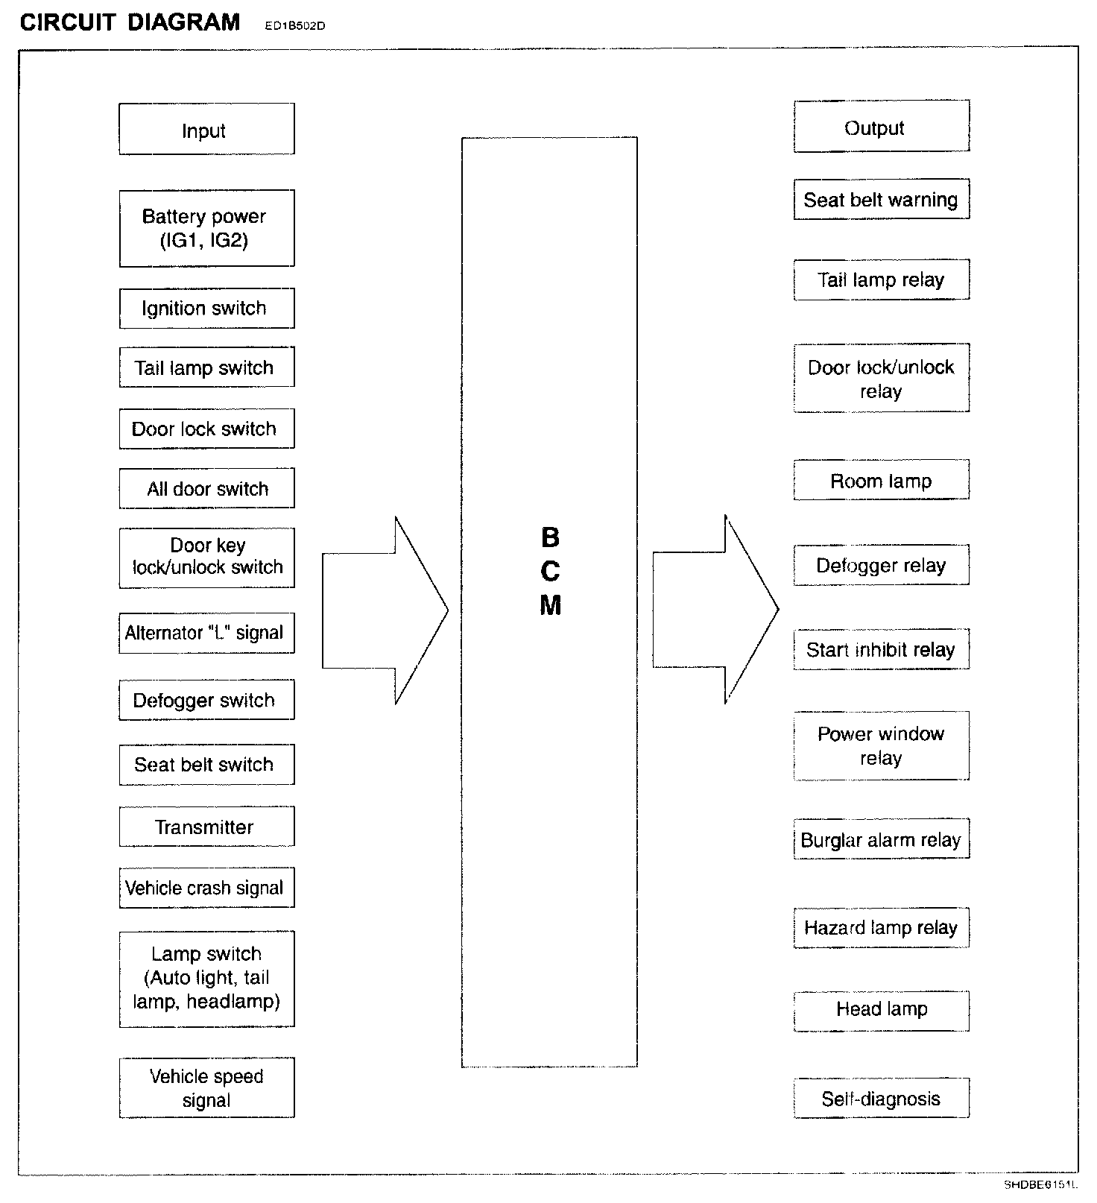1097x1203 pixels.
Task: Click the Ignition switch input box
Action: [x=206, y=308]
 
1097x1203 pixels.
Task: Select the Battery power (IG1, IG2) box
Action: [x=206, y=228]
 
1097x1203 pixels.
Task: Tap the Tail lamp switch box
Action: [x=206, y=367]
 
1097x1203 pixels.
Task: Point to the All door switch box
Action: [x=206, y=488]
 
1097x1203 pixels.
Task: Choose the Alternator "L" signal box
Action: [x=206, y=633]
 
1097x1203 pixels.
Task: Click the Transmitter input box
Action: [x=206, y=827]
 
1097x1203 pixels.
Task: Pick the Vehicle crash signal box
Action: [x=206, y=888]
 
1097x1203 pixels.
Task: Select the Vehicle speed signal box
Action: [x=206, y=1087]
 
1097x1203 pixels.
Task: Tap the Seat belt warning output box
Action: [x=881, y=199]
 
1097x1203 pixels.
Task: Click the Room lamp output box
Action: [x=881, y=480]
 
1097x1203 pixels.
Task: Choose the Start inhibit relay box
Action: [x=881, y=649]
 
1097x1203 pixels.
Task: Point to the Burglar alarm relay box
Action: [x=881, y=839]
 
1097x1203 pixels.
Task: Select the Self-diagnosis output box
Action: [x=881, y=1098]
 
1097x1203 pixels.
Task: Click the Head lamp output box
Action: [x=881, y=1010]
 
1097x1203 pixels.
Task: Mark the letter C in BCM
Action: [x=550, y=572]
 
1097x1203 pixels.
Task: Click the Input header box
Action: [x=206, y=130]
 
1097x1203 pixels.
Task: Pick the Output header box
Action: [x=881, y=127]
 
